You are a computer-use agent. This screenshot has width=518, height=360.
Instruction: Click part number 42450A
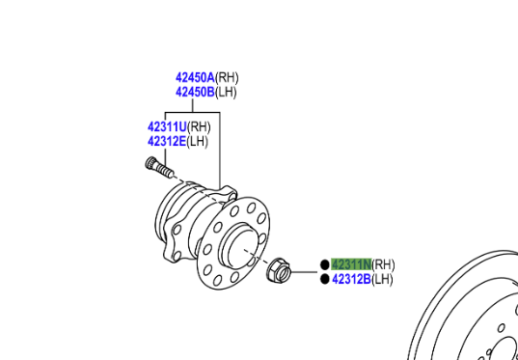point(195,77)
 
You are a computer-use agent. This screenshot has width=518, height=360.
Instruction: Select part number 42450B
point(195,92)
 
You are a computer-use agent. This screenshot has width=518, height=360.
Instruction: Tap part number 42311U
point(167,126)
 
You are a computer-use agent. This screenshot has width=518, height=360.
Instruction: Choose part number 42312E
point(167,141)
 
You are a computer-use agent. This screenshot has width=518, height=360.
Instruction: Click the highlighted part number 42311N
point(351,264)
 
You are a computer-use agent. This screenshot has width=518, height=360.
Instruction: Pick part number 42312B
point(351,279)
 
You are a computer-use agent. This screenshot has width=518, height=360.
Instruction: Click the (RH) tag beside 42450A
point(227,78)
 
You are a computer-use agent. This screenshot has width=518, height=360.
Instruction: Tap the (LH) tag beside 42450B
point(226,93)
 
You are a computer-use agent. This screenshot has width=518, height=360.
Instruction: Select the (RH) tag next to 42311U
point(199,127)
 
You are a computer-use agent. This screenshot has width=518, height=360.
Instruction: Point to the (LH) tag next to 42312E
point(198,142)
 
